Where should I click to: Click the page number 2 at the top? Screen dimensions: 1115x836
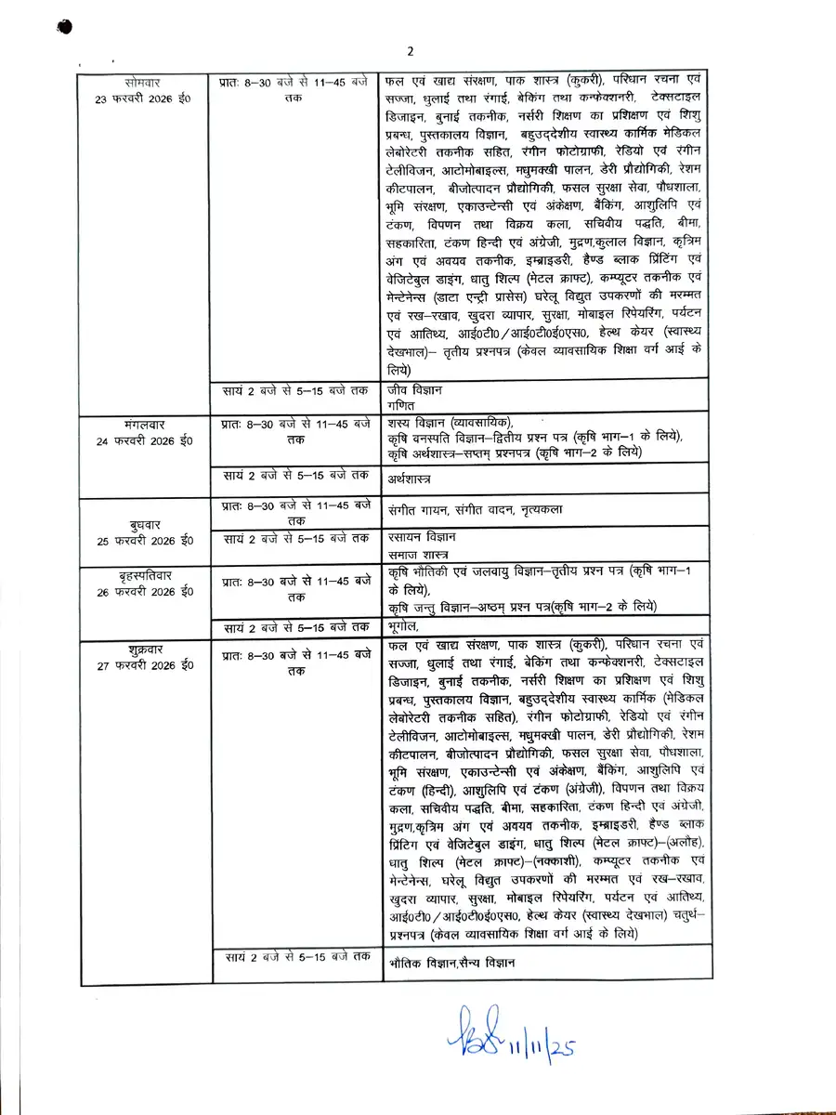click(x=410, y=50)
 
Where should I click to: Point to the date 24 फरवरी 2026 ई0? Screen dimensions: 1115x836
click(x=142, y=440)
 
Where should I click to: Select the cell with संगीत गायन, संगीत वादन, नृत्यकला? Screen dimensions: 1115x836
click(x=476, y=510)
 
